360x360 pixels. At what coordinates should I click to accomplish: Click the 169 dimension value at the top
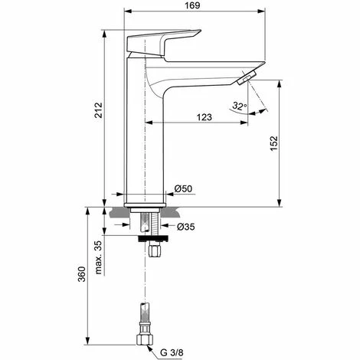click(x=192, y=5)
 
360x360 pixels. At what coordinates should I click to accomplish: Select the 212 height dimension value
click(x=98, y=110)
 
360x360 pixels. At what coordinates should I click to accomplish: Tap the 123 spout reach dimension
click(x=205, y=117)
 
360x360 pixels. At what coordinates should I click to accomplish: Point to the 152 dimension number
click(x=273, y=143)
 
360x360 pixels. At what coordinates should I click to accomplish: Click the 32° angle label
click(x=240, y=106)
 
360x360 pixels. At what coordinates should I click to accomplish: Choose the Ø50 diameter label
click(x=184, y=188)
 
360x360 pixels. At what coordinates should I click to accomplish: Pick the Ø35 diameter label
click(x=186, y=227)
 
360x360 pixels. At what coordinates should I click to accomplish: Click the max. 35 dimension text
click(x=98, y=257)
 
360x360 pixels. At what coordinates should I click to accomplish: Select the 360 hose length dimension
click(x=81, y=274)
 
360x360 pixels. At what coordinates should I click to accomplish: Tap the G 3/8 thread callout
click(x=172, y=352)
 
